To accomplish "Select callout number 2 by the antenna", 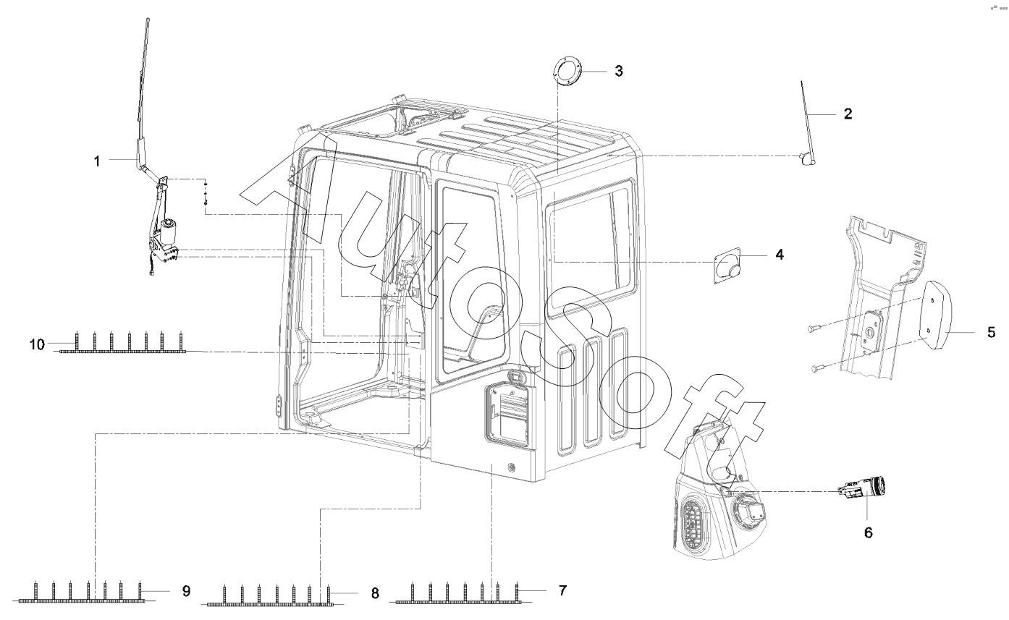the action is [x=848, y=114].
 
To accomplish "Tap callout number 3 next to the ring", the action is [x=618, y=71].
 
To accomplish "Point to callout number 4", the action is [x=779, y=255].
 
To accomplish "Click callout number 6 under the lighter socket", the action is [x=868, y=532].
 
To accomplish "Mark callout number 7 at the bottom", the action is [x=562, y=590].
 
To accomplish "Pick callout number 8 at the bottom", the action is [x=374, y=593].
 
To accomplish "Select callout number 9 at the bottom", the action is [x=186, y=591].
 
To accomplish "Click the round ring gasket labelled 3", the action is [x=567, y=73].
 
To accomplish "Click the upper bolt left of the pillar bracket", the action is [x=811, y=329].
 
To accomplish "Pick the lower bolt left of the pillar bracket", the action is [x=816, y=368].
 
